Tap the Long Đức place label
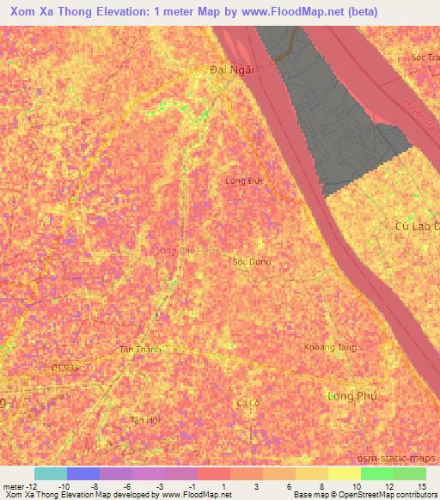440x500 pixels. click(242, 181)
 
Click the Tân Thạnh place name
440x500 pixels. click(139, 350)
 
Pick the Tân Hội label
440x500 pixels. click(144, 420)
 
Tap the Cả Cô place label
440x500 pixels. click(248, 403)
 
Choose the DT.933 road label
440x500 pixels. click(64, 368)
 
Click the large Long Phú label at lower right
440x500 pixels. click(352, 396)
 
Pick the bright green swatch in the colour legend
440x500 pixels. click(376, 473)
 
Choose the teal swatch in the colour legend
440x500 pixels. click(50, 473)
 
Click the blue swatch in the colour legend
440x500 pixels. click(83, 473)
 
